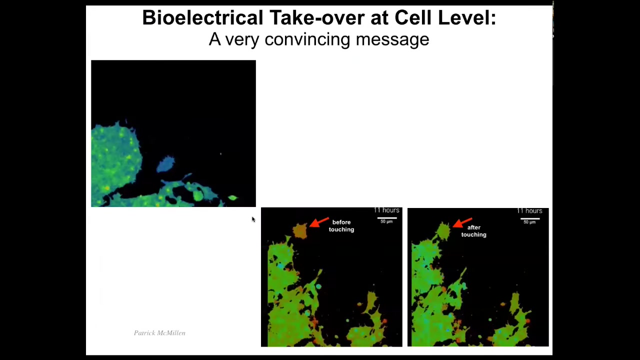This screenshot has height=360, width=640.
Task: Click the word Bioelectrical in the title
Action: pos(202,17)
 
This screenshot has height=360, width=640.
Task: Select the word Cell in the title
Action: pos(413,17)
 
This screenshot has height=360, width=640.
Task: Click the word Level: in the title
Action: pos(467,17)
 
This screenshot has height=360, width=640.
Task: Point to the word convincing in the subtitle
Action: pos(307,39)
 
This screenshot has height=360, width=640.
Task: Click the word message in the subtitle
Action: pos(392,39)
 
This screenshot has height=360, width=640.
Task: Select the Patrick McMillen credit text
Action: pos(159,333)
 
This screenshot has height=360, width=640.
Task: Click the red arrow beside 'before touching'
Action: pos(319,222)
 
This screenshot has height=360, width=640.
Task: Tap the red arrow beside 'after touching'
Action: pos(462,223)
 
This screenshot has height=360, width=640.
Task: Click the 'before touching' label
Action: pos(341,225)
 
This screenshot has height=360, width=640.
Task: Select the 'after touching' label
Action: pos(473,231)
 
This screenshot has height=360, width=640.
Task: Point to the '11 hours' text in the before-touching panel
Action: pos(386,210)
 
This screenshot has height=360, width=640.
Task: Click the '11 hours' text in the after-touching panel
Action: pos(529,211)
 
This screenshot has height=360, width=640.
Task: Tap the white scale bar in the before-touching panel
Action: pos(387,218)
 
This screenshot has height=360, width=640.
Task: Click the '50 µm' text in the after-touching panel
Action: pos(529,222)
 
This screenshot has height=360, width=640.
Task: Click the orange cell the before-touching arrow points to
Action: pos(300,230)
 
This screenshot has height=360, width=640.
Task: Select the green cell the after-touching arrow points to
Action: pos(443,231)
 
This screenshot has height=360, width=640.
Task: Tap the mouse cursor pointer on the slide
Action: pos(253,219)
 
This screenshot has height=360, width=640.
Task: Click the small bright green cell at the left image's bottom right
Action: pos(233,197)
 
